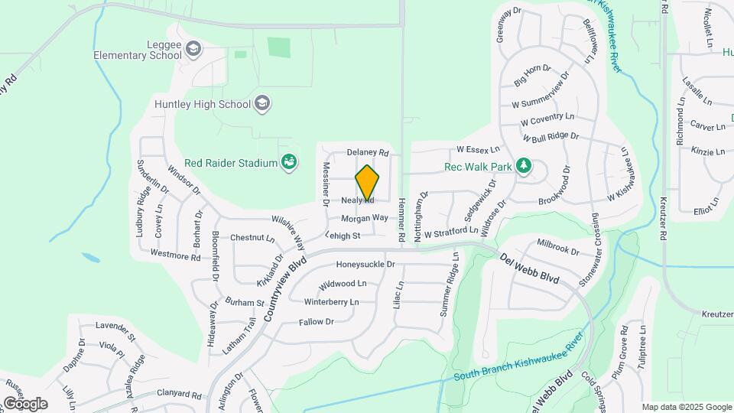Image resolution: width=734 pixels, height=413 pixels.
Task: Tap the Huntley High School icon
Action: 262,103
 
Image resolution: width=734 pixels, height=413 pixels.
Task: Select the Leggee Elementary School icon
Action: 194,50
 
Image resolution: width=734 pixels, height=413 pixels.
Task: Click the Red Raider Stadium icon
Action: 289,162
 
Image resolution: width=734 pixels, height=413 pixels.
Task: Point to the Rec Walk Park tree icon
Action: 524,167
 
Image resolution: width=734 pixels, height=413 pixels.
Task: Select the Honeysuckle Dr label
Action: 365,265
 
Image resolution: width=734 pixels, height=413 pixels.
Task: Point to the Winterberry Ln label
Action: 331,302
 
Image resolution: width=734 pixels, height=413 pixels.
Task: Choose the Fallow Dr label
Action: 317,322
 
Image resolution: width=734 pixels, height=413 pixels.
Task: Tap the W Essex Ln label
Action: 478,148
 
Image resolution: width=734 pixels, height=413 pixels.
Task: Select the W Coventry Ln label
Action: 547,119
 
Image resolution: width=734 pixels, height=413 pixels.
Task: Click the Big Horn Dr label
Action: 532,75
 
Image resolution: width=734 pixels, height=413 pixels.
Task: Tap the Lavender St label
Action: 115,331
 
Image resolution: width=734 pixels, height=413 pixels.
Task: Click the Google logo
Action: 24,404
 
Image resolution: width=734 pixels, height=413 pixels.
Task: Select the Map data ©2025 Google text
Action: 686,407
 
